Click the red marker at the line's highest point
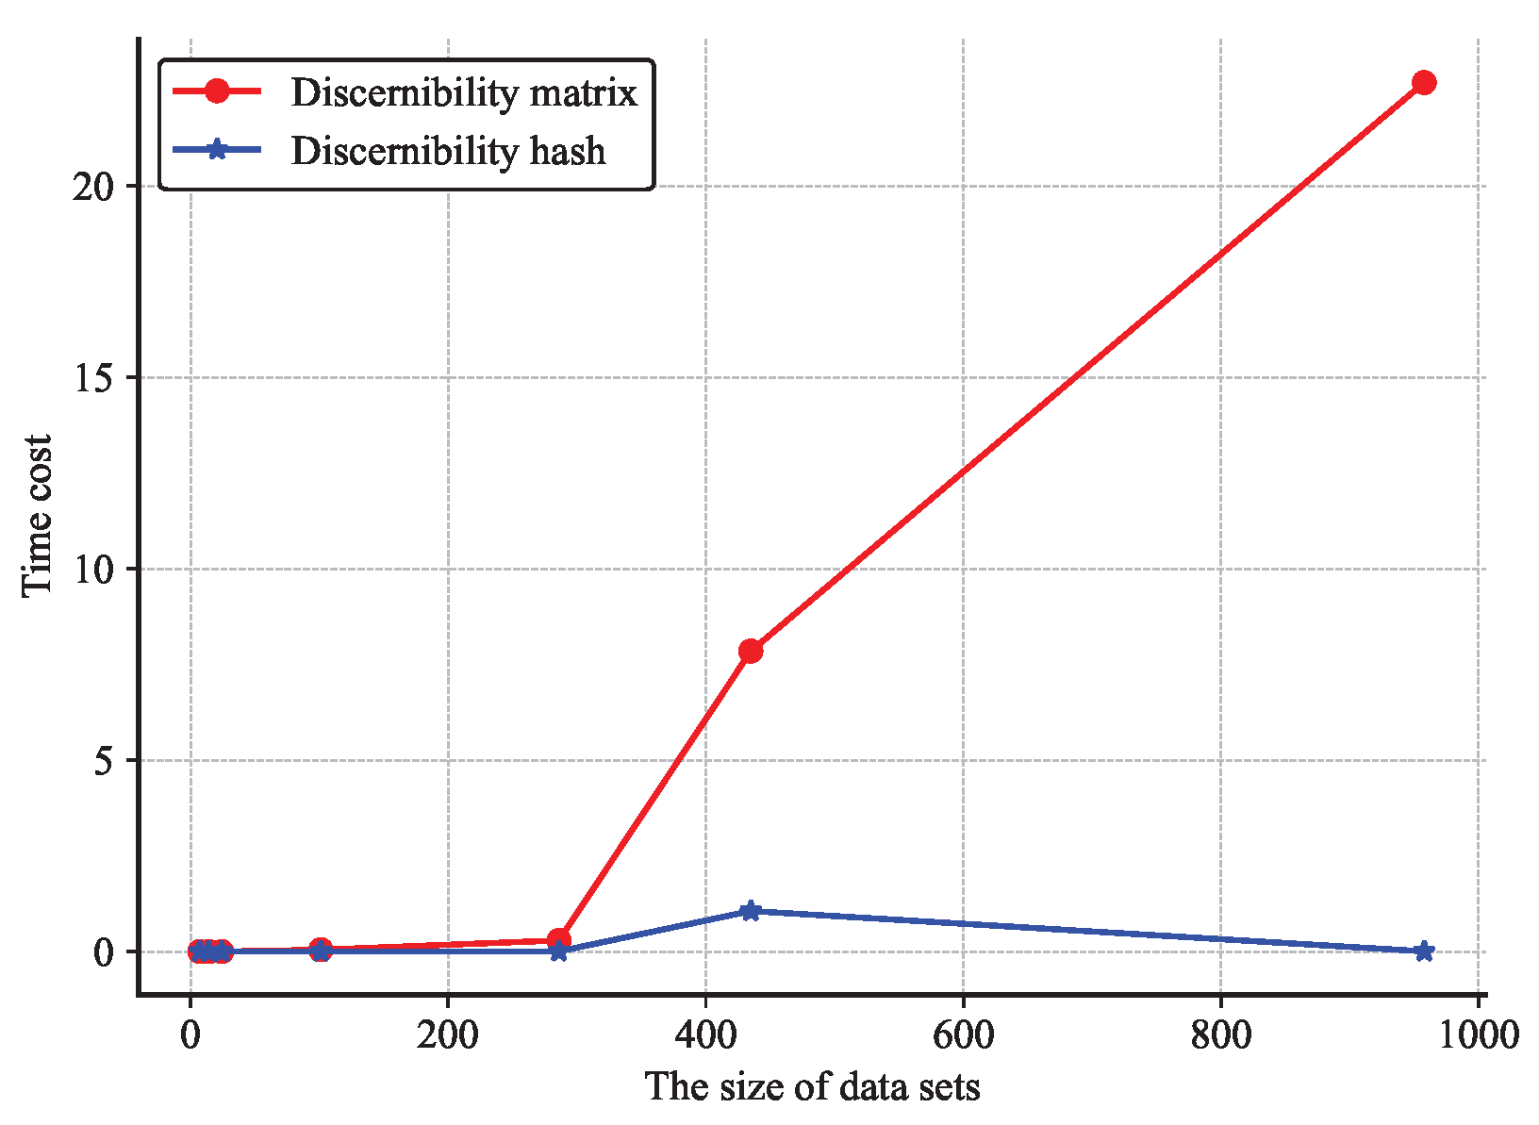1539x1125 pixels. coord(1424,83)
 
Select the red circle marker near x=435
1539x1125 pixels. coord(751,651)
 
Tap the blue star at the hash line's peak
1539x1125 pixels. coord(751,911)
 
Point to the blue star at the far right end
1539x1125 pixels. coord(1424,951)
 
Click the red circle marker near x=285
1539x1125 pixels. coord(558,940)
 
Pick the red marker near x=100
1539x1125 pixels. coord(321,950)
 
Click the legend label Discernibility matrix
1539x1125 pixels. coord(464,92)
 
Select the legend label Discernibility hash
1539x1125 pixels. coord(448,151)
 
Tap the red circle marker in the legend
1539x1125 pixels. coord(217,91)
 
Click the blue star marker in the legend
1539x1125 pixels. coord(217,150)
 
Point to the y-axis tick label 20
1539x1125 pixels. coord(92,186)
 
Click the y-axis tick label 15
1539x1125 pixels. coord(92,377)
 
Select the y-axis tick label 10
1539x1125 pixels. coord(92,569)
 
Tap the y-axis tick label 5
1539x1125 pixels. coord(104,760)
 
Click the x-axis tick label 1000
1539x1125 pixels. coord(1477,1035)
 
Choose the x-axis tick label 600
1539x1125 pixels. coord(963,1035)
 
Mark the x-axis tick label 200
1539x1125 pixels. coord(448,1035)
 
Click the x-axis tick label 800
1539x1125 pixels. coord(1220,1035)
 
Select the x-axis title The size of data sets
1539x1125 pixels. coord(812,1087)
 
